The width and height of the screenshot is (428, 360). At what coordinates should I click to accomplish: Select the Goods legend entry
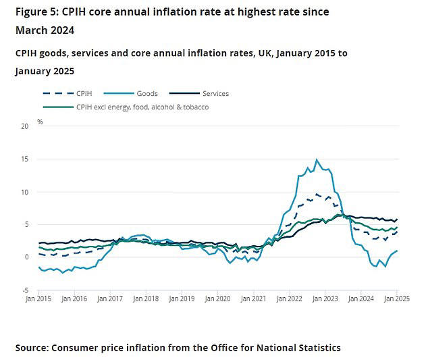pyautogui.click(x=148, y=93)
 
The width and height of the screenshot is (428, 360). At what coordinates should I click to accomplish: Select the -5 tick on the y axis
pyautogui.click(x=24, y=290)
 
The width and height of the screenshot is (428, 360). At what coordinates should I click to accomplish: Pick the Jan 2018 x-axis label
pyautogui.click(x=145, y=298)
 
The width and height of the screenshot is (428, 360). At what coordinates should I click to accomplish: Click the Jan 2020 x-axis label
pyautogui.click(x=217, y=298)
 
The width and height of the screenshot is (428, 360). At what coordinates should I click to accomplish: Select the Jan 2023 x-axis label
pyautogui.click(x=326, y=298)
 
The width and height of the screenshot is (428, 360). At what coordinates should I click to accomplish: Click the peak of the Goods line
pyautogui.click(x=316, y=159)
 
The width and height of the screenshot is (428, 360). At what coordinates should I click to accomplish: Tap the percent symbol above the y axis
pyautogui.click(x=40, y=122)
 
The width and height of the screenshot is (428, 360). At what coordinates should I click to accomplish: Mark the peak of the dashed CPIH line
pyautogui.click(x=316, y=194)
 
